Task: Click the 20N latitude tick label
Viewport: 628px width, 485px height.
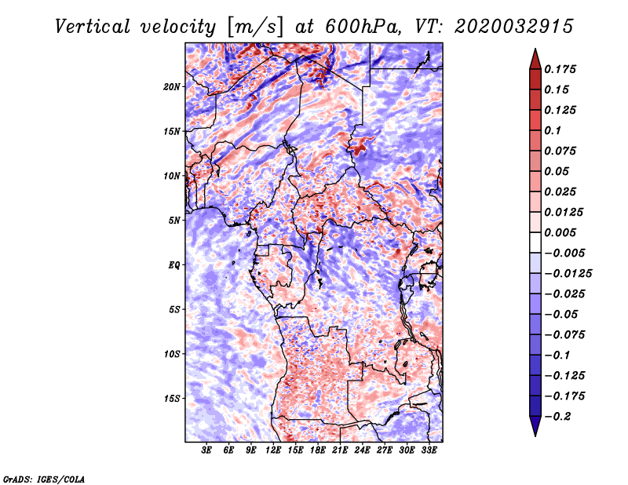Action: point(172,86)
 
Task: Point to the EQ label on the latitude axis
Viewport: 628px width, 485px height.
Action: point(174,265)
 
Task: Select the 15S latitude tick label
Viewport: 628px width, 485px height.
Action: point(172,399)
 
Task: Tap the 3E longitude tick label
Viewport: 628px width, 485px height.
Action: point(207,451)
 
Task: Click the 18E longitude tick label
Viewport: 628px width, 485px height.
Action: point(318,451)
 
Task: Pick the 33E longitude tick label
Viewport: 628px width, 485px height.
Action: point(429,451)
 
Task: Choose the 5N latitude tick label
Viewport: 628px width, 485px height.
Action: point(174,221)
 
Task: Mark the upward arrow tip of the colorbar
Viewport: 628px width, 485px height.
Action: point(534,51)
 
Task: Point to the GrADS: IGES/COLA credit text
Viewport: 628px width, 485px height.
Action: point(43,478)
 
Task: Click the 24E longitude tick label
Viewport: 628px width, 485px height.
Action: point(363,451)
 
